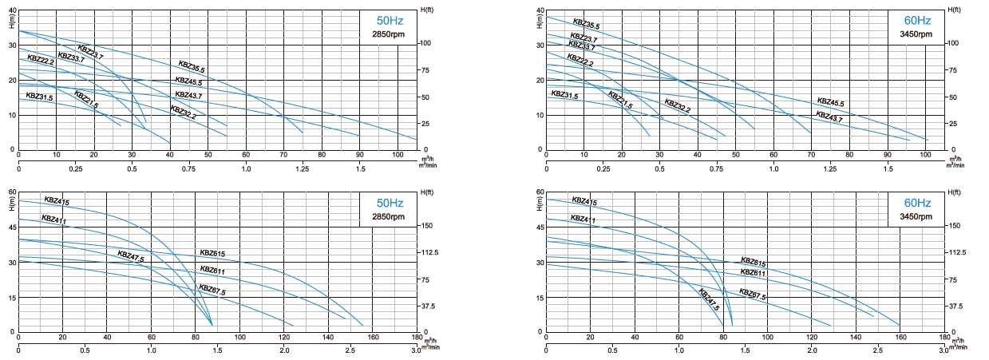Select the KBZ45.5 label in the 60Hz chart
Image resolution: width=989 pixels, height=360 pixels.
click(830, 102)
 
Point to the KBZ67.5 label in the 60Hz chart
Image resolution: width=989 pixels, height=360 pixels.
click(753, 295)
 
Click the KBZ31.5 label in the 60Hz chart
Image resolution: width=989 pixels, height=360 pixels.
click(564, 96)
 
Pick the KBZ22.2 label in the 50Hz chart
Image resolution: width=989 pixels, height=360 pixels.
click(41, 59)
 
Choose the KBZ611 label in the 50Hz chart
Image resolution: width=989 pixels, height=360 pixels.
click(212, 270)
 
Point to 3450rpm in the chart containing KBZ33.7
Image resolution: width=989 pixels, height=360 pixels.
click(916, 34)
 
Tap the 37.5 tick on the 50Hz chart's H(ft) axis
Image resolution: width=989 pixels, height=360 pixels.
click(429, 306)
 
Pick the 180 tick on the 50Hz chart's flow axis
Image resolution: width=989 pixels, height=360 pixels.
click(417, 338)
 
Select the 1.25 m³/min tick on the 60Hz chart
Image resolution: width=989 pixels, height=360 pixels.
click(830, 169)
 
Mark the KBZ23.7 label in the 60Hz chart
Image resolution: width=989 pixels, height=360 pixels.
click(584, 38)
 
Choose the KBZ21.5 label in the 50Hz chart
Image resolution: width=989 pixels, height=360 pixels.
click(86, 100)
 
